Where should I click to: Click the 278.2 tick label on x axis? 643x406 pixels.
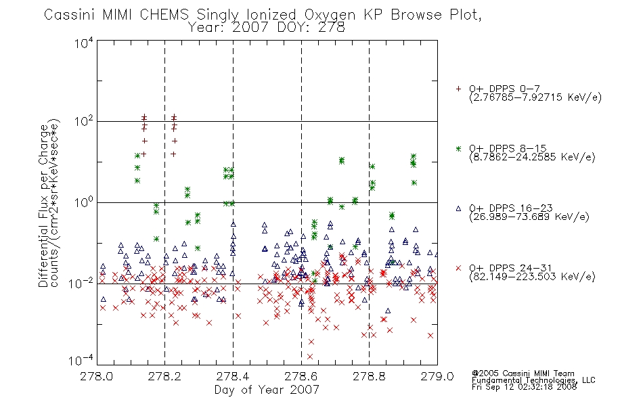point(165,376)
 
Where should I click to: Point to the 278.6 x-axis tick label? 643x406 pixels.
point(301,376)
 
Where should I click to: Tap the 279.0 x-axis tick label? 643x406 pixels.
point(437,376)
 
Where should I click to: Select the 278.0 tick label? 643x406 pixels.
point(97,376)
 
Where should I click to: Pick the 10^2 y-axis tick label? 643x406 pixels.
point(84,121)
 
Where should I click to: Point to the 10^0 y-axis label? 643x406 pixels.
point(84,202)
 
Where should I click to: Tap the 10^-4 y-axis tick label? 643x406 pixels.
point(81,360)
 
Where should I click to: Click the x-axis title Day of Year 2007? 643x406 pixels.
point(267,390)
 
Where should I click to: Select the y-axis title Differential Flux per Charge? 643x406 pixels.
point(43,206)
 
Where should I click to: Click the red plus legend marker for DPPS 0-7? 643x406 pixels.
point(458,89)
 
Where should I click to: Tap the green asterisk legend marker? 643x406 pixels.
point(458,148)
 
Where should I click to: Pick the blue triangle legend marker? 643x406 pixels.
point(458,208)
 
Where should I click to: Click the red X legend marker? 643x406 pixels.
point(458,268)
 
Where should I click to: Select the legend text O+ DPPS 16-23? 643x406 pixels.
point(511,208)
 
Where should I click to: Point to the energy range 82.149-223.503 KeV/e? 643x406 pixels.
point(532,277)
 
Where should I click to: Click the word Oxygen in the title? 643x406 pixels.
point(330,15)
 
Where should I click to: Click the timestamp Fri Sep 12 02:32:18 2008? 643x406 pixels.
point(524,387)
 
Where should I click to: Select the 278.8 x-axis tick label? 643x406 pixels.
point(370,376)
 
